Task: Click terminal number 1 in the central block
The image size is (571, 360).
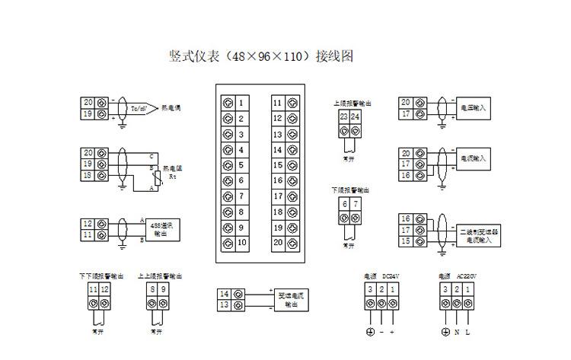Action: [241, 103]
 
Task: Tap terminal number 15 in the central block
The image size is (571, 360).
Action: [278, 165]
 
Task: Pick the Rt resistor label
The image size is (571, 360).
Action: [173, 177]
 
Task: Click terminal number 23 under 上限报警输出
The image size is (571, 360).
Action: [344, 116]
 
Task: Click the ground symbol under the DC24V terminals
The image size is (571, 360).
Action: [370, 333]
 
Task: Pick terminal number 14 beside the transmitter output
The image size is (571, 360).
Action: [225, 294]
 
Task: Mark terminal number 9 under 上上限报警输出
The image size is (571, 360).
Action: [164, 290]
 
